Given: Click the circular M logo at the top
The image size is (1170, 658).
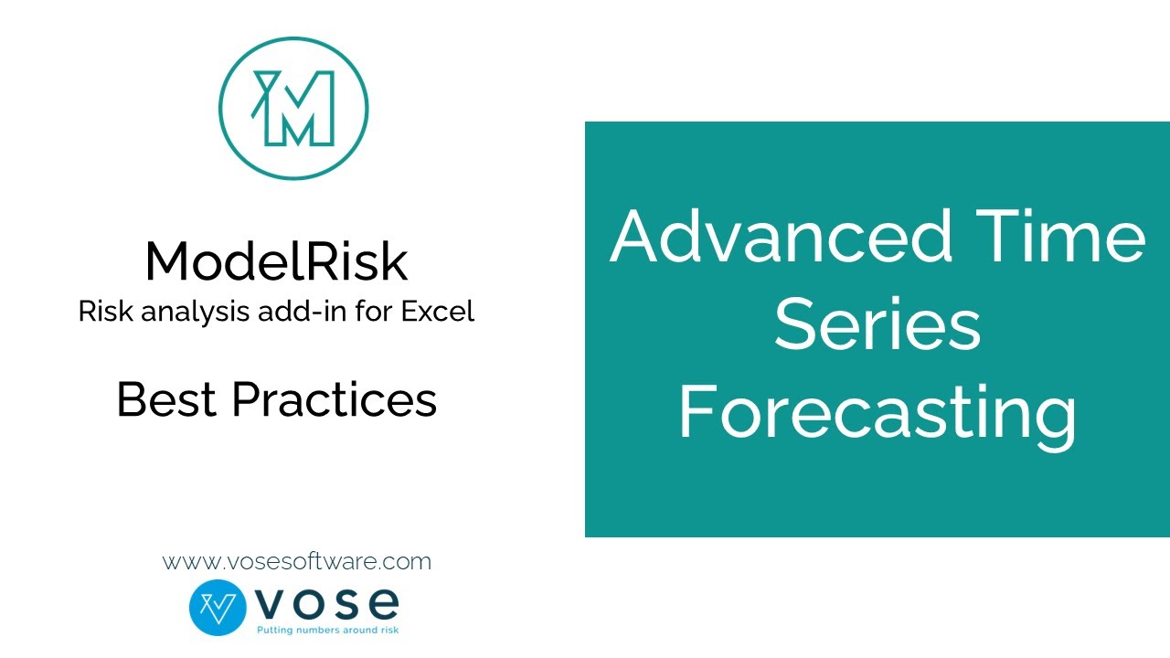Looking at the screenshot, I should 293,109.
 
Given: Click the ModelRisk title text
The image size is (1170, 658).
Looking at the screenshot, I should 276,261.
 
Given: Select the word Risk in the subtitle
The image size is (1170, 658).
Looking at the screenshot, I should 101,312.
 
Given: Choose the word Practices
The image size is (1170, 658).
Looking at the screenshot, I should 335,399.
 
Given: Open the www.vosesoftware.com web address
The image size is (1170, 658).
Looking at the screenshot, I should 297,561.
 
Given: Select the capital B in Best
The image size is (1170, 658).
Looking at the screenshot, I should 132,399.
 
